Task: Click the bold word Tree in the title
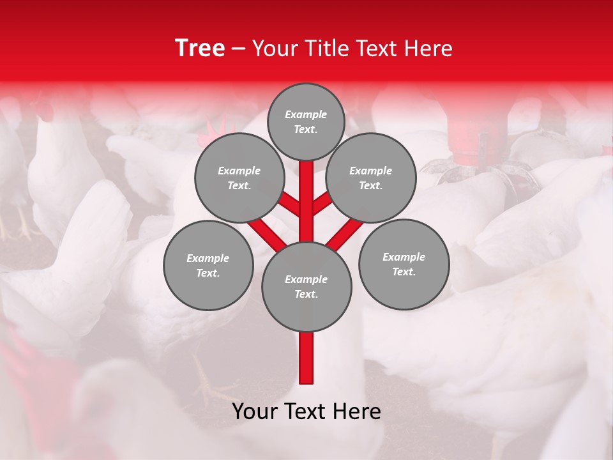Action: point(200,49)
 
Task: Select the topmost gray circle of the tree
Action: point(306,121)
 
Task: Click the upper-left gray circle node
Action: point(239,178)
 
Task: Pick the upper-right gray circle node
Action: point(371,178)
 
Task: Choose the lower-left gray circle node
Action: point(208,265)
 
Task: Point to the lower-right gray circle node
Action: point(404,264)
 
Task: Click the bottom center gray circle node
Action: point(306,286)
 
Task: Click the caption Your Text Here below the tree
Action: point(306,411)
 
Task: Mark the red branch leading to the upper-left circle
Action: point(289,204)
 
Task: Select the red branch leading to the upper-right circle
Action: point(322,203)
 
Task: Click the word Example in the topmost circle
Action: point(306,114)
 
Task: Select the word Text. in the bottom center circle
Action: point(306,294)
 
